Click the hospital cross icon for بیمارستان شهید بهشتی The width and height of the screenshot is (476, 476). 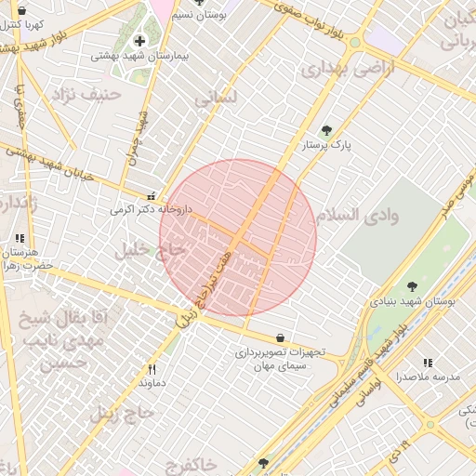[x=140, y=41]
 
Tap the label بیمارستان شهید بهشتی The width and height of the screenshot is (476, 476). [x=139, y=56]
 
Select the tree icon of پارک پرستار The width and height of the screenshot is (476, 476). [x=325, y=131]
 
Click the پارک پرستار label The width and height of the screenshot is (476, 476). [x=328, y=146]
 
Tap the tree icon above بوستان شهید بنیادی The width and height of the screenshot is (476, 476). [x=412, y=286]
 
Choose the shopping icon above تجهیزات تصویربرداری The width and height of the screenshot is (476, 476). [x=281, y=337]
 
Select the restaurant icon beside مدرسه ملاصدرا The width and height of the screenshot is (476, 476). [x=428, y=363]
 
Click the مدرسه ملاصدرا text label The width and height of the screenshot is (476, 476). [x=428, y=377]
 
